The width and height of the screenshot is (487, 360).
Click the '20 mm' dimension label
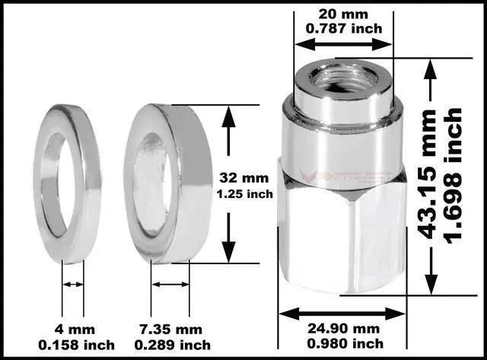tap(342, 14)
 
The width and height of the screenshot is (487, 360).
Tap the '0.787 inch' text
tap(342, 29)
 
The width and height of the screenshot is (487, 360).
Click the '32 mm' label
tap(235, 177)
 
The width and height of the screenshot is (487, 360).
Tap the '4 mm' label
tap(73, 330)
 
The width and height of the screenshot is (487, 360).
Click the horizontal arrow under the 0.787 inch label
tap(342, 45)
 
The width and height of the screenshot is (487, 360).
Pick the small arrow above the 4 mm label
tap(73, 285)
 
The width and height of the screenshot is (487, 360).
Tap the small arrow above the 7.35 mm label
tap(170, 285)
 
